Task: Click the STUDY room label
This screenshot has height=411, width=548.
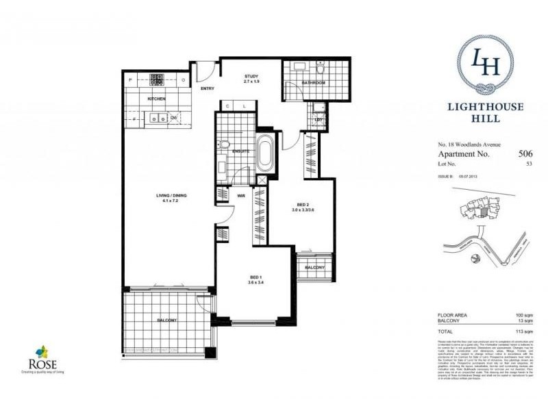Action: [248, 77]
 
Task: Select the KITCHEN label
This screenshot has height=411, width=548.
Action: [156, 99]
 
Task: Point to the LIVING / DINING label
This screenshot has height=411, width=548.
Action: [171, 197]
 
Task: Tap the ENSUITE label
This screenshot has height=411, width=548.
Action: [240, 151]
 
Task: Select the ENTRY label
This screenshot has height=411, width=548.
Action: [208, 88]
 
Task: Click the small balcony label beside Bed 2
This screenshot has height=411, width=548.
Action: [314, 266]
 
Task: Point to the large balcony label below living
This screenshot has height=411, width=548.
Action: [167, 320]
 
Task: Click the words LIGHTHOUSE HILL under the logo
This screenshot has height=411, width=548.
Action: [475, 112]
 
